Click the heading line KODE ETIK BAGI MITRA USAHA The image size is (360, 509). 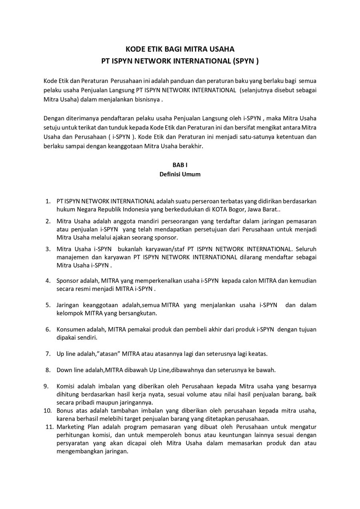coord(180,49)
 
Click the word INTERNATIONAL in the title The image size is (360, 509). coord(199,61)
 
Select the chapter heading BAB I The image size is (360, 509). coord(180,165)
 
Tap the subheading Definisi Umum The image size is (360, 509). coord(180,174)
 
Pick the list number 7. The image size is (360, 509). coord(48,354)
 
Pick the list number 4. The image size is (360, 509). coord(48,281)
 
